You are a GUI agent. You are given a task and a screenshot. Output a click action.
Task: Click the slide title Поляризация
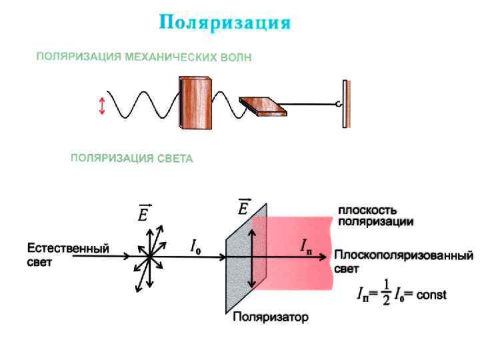click(225, 23)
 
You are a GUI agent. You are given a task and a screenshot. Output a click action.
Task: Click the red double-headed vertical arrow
click(102, 106)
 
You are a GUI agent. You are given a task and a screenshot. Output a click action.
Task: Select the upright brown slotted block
click(195, 103)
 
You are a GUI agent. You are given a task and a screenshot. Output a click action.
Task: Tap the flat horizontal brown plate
click(261, 105)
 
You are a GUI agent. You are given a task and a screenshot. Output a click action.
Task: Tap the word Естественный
click(67, 249)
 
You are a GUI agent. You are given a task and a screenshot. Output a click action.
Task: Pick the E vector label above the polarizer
click(245, 207)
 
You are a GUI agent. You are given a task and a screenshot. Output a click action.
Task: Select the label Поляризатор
click(270, 317)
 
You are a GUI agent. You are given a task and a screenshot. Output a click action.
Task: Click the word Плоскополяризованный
click(404, 256)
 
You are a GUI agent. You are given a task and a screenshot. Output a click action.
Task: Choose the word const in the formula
click(431, 295)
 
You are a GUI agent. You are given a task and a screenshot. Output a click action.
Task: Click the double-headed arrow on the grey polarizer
click(251, 257)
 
